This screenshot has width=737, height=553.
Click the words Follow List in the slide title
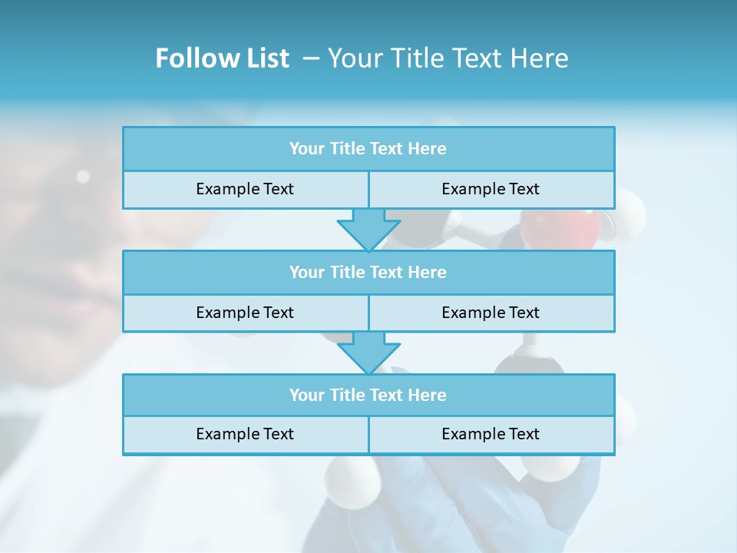tap(222, 58)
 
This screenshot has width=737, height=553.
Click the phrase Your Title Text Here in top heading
tap(448, 58)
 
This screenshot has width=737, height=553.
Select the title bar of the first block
tap(368, 149)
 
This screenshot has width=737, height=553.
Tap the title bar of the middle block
tap(368, 273)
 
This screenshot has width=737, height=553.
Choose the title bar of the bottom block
tap(368, 396)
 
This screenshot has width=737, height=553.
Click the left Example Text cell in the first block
tap(246, 189)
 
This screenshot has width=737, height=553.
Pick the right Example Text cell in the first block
tap(491, 189)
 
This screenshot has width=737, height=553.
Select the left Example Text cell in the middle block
tap(246, 313)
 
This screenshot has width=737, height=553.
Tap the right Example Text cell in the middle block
tap(491, 313)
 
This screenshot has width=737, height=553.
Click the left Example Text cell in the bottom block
tap(246, 434)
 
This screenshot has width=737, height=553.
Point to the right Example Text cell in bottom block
tap(491, 434)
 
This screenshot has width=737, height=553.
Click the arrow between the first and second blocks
tap(368, 229)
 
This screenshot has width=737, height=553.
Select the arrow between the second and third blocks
tap(368, 353)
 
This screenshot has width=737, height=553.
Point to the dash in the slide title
tap(310, 58)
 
